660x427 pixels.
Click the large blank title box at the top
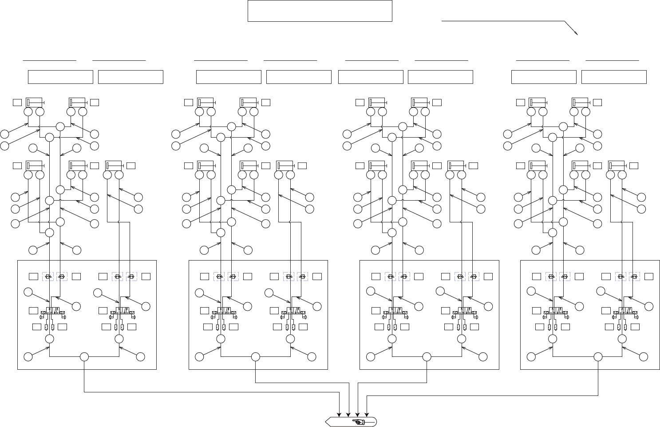(x=320, y=11)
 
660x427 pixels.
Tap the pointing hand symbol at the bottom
(x=358, y=421)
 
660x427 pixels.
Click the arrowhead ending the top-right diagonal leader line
(x=576, y=33)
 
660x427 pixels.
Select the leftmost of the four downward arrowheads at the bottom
(x=340, y=415)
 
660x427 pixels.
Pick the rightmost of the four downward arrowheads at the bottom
(x=367, y=415)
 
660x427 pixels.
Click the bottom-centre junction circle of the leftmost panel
(x=84, y=356)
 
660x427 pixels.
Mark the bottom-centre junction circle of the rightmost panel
(x=598, y=356)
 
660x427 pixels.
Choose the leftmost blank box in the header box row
(x=60, y=77)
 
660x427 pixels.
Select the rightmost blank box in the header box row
(x=614, y=77)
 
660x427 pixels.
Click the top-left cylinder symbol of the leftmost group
(x=34, y=103)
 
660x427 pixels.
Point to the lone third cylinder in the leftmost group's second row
(x=114, y=166)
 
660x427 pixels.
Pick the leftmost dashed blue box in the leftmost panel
(x=48, y=277)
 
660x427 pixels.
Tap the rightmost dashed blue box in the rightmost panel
(x=635, y=277)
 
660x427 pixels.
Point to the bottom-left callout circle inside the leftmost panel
(x=28, y=356)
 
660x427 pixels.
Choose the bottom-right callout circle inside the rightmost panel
(x=643, y=356)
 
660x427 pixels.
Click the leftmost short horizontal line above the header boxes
(x=49, y=60)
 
